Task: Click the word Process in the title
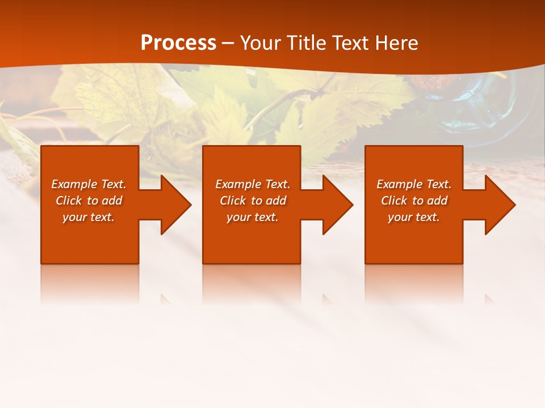pyautogui.click(x=178, y=43)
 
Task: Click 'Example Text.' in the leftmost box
pyautogui.click(x=89, y=184)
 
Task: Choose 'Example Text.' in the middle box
pyautogui.click(x=253, y=184)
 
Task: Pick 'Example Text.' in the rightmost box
pyautogui.click(x=414, y=184)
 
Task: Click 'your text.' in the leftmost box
pyautogui.click(x=89, y=217)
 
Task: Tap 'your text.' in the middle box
pyautogui.click(x=253, y=217)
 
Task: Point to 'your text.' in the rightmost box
pyautogui.click(x=414, y=217)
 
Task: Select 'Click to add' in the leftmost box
pyautogui.click(x=89, y=201)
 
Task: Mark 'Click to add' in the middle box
pyautogui.click(x=253, y=201)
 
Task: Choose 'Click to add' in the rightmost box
pyautogui.click(x=414, y=201)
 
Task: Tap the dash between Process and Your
pyautogui.click(x=228, y=43)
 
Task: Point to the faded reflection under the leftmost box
pyautogui.click(x=90, y=283)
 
